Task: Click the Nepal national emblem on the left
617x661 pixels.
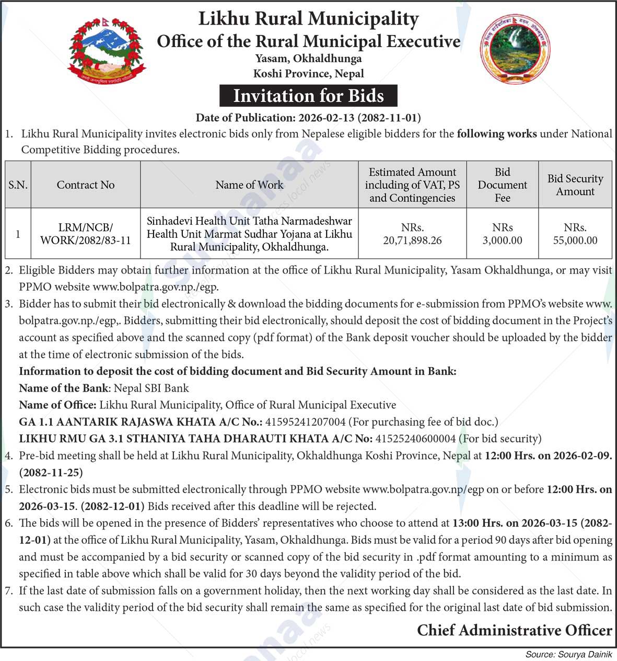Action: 107,51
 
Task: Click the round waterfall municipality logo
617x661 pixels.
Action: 515,49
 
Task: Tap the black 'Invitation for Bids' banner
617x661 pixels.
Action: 308,96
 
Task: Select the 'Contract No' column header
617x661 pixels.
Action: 86,185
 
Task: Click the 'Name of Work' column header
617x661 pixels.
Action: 249,185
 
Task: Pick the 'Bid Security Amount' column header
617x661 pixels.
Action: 575,185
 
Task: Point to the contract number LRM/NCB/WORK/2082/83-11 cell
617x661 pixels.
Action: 86,234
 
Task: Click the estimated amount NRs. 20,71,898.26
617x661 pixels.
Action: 412,234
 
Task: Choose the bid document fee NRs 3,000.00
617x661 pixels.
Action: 502,234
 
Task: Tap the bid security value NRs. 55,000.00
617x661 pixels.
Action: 575,234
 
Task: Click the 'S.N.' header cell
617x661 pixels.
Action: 18,185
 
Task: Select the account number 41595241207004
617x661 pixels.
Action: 306,421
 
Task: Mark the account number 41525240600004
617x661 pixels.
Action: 415,438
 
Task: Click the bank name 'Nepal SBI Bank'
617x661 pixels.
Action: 151,388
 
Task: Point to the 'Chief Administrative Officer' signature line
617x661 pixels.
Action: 514,630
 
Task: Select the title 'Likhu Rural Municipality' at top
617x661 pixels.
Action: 308,19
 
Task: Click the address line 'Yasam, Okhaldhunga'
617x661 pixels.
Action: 308,58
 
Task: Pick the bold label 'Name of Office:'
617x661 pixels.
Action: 57,405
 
